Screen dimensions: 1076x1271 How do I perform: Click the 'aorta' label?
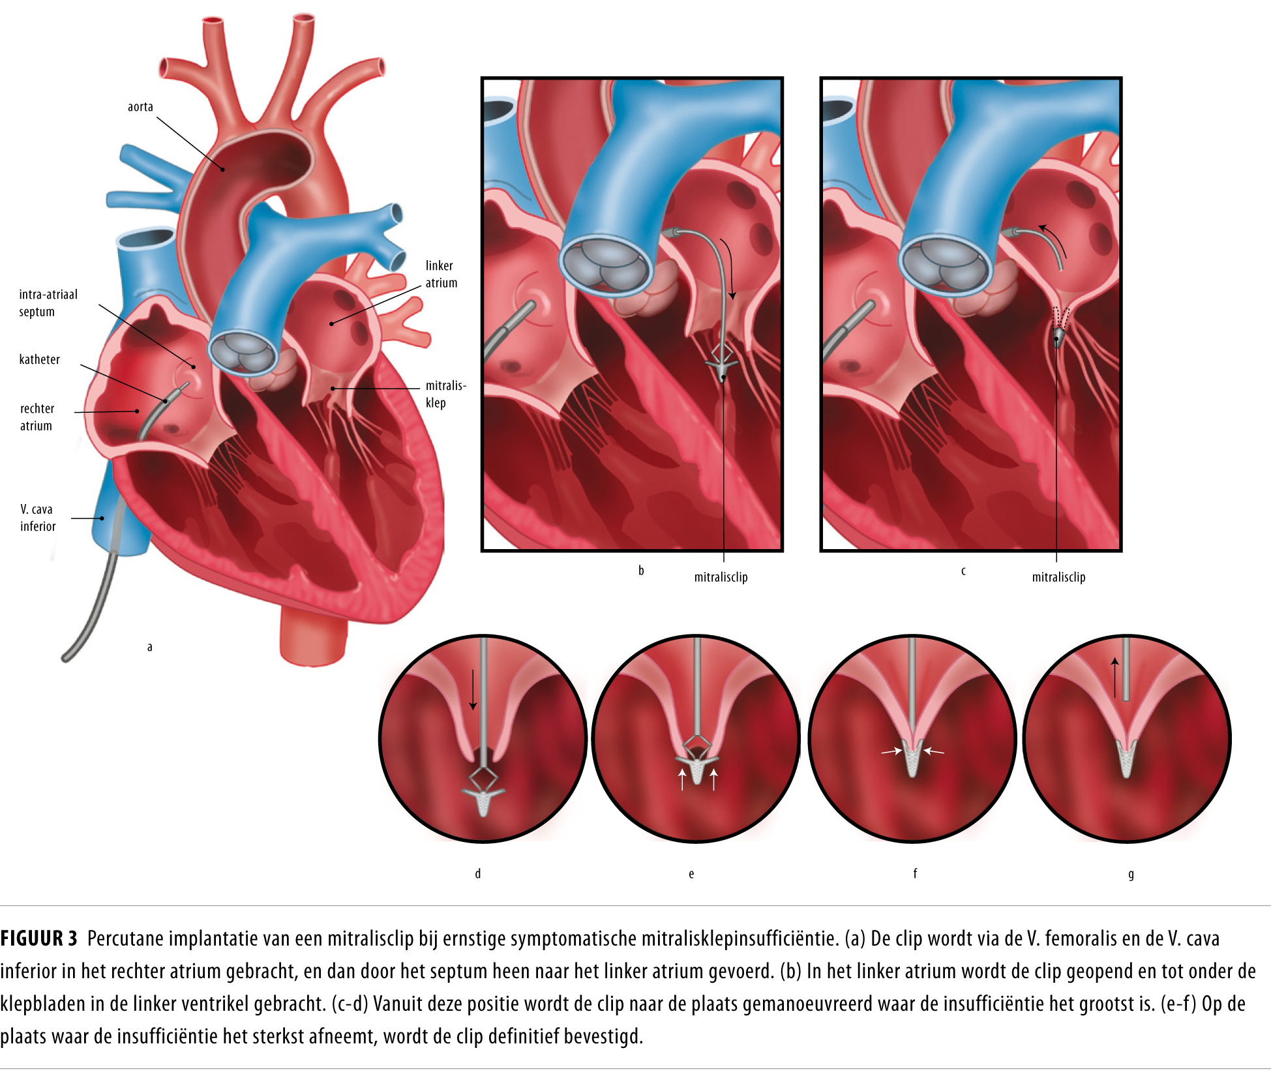click(140, 107)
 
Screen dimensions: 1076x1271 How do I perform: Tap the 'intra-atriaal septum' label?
click(48, 303)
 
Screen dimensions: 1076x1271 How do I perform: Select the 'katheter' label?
click(39, 359)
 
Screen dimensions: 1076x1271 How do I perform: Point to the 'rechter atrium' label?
click(37, 417)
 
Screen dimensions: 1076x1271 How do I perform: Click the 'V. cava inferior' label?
click(37, 518)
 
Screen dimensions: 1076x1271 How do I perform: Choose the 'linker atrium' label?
click(441, 275)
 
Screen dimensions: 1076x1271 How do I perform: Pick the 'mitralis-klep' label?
click(445, 394)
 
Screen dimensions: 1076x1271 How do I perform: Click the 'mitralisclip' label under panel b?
click(721, 577)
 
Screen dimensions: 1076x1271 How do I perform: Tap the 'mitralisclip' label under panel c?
click(1058, 577)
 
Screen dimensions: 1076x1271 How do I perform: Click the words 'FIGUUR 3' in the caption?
click(38, 938)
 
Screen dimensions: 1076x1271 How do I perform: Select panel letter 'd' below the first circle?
click(478, 874)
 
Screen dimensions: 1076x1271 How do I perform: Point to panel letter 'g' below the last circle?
click(1131, 874)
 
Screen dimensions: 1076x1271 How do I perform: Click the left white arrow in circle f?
click(891, 752)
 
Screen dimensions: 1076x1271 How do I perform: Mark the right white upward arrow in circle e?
click(714, 779)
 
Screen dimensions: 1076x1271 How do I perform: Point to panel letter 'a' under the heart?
click(149, 647)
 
